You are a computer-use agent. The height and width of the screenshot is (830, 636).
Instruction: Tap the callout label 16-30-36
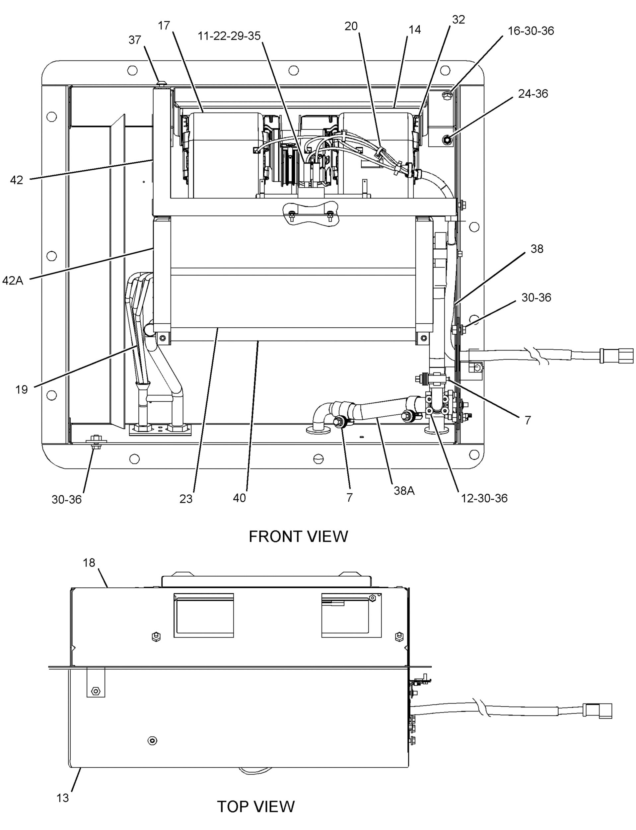pos(530,31)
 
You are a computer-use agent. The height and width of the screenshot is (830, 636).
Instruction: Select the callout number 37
pos(135,40)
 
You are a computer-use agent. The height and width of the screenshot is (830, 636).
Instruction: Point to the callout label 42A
pos(13,281)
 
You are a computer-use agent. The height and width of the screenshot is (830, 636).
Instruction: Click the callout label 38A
pos(404,491)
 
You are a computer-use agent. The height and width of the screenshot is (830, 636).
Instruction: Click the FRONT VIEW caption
pos(298,537)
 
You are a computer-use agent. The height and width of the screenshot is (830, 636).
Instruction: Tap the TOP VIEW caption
pos(255,806)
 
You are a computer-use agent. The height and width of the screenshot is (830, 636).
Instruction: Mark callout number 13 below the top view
pos(63,798)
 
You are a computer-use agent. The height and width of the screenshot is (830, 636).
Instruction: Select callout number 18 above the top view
pos(89,563)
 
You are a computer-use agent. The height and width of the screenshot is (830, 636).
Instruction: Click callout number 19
pos(22,389)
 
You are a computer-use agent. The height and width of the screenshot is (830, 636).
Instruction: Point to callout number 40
pos(239,498)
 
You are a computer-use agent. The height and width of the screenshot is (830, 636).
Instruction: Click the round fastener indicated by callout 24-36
pos(448,140)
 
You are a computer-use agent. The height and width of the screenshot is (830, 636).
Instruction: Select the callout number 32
pos(459,20)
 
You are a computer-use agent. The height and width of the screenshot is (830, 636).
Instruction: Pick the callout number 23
pos(186,499)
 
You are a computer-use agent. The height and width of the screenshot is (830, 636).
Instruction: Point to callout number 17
pos(164,26)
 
